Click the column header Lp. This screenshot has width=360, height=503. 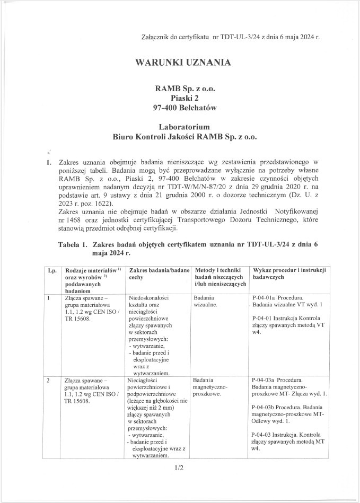click(x=52, y=270)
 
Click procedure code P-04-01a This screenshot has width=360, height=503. click(x=267, y=298)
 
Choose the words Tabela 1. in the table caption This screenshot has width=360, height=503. click(x=73, y=245)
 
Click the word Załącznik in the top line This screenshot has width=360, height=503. click(x=151, y=38)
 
